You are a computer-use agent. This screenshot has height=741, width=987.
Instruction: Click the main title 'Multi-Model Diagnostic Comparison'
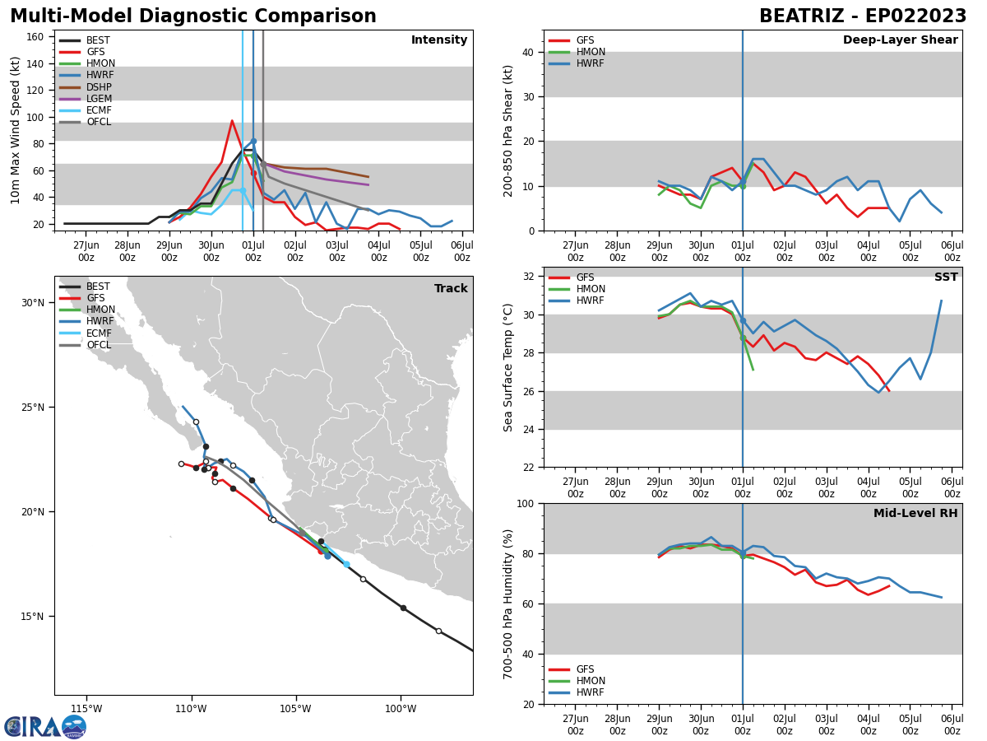pyautogui.click(x=193, y=16)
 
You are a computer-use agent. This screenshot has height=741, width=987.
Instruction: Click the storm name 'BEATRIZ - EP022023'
pyautogui.click(x=863, y=16)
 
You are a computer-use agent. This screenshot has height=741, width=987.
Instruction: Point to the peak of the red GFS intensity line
pyautogui.click(x=232, y=121)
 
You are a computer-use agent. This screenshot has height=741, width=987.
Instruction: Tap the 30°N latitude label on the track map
pyautogui.click(x=33, y=303)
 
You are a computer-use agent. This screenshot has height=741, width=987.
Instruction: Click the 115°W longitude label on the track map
pyautogui.click(x=86, y=710)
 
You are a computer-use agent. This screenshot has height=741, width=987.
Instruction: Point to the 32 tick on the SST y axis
pyautogui.click(x=530, y=277)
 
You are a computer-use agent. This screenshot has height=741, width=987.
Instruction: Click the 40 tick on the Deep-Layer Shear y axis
pyautogui.click(x=530, y=52)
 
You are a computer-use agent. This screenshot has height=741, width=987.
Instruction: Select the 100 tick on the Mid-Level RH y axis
pyautogui.click(x=526, y=503)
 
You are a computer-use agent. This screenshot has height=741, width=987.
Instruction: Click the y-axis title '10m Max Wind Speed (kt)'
pyautogui.click(x=16, y=130)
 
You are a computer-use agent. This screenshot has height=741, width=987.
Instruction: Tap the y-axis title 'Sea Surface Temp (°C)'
pyautogui.click(x=508, y=367)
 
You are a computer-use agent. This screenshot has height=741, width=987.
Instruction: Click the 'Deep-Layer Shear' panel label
pyautogui.click(x=900, y=40)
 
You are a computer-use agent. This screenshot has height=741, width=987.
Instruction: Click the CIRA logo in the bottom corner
pyautogui.click(x=45, y=726)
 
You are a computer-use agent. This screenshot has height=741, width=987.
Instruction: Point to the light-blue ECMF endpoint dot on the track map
pyautogui.click(x=346, y=564)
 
